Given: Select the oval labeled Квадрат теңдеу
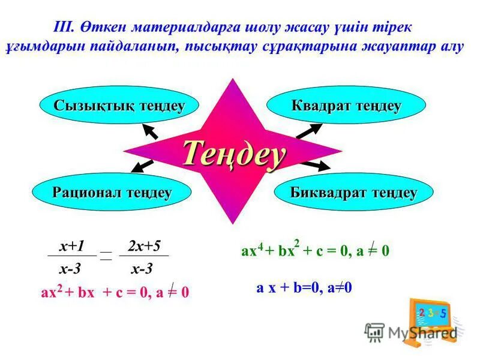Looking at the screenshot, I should click(346, 106).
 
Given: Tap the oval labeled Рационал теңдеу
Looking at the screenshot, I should click(112, 193).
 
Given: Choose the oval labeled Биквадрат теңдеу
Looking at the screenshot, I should click(353, 193).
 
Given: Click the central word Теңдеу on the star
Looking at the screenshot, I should click(233, 154).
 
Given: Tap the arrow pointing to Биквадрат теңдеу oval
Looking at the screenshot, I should click(315, 164).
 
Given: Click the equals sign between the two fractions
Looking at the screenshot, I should click(106, 256).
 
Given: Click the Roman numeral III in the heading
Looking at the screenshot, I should click(63, 27).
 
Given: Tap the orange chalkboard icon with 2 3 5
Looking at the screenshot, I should click(431, 318).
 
